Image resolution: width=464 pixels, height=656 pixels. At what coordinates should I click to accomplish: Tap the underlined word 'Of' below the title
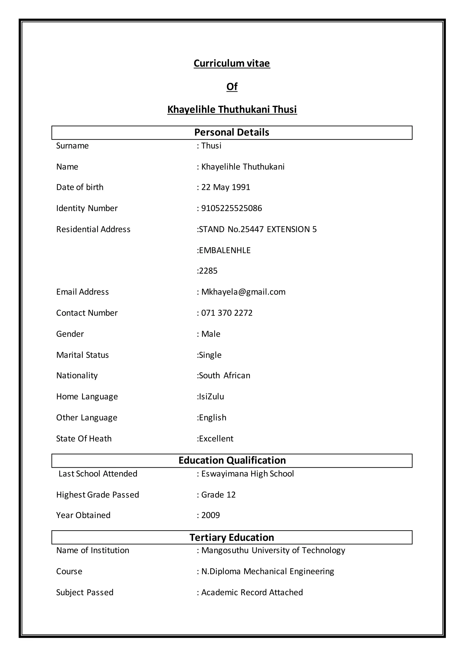[232, 86]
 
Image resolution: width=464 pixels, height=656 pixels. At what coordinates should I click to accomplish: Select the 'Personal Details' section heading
[232, 132]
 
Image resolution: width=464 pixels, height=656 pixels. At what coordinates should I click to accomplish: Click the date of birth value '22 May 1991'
[225, 187]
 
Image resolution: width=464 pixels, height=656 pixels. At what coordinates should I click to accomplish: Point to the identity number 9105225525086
[231, 208]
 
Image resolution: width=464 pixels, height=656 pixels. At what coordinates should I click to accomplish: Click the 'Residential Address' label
[93, 229]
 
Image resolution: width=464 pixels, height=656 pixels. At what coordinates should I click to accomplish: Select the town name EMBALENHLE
[225, 250]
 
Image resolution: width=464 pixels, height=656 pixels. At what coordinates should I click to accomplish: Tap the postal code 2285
[208, 271]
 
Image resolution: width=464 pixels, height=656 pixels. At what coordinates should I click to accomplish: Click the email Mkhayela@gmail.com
[243, 292]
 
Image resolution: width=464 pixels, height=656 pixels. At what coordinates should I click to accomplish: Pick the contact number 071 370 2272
[227, 313]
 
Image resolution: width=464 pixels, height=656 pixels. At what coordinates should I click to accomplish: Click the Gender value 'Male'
[210, 334]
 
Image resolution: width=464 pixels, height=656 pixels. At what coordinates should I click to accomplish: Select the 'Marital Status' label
[82, 355]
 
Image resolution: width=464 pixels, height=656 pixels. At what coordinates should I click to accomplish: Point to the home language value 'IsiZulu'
[211, 397]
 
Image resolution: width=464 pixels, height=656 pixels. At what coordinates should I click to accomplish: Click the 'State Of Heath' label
[84, 439]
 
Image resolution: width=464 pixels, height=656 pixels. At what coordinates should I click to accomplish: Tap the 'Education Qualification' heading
[232, 460]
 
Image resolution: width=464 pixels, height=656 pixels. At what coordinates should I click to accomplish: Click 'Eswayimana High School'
[247, 474]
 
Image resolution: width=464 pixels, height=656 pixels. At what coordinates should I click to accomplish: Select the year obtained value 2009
[210, 515]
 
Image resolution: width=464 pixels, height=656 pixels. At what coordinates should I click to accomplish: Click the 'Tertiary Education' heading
[232, 538]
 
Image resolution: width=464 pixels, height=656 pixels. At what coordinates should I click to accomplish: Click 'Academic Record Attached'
[252, 592]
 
